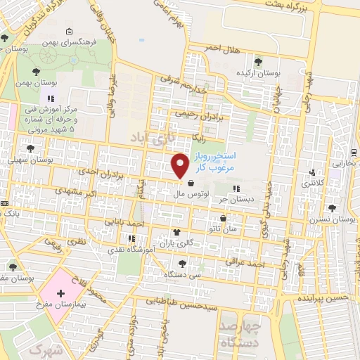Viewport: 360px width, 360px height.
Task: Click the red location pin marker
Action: (x=180, y=165)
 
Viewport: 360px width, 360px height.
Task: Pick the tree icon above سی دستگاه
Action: (x=183, y=263)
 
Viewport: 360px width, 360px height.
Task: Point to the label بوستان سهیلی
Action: (x=30, y=160)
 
